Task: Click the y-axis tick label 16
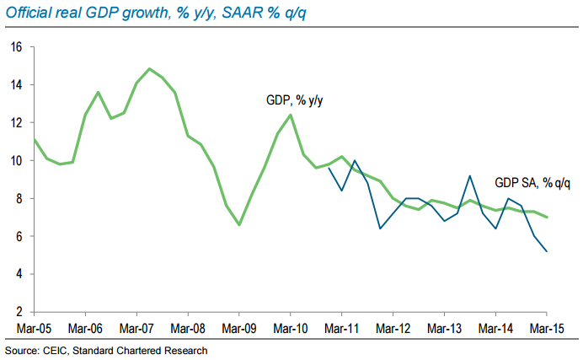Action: click(x=16, y=47)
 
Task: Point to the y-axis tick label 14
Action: click(x=16, y=85)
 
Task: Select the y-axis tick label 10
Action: click(x=16, y=161)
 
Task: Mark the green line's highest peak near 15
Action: click(x=149, y=68)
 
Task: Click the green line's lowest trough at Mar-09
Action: click(x=239, y=225)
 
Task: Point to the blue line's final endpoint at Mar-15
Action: click(x=548, y=251)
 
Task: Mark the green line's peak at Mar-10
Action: click(x=291, y=115)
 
